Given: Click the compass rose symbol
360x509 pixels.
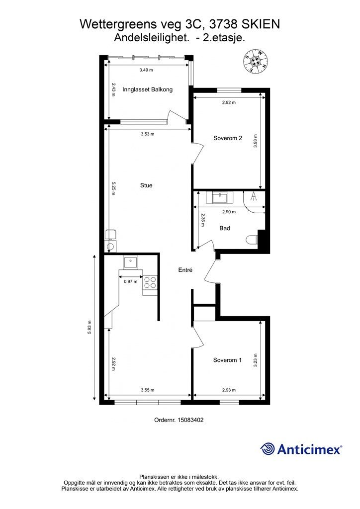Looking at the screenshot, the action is point(257,61).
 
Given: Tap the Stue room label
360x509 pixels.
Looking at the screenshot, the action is point(146,185).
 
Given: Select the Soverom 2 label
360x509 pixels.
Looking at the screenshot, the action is point(228,138).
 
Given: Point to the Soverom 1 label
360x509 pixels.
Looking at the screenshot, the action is point(227,360).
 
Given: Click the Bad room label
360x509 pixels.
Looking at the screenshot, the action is point(225,228).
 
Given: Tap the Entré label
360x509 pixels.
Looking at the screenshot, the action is point(185,270).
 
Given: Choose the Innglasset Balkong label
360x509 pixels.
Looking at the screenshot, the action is point(147,89).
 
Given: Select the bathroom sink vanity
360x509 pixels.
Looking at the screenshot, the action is point(222,197).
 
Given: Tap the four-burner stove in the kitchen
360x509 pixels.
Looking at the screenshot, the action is point(150,282).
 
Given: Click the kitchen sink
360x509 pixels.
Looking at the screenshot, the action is point(130,261).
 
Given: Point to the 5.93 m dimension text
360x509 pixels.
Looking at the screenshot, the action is point(90,328).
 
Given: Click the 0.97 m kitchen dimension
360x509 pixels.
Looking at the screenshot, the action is point(130,281).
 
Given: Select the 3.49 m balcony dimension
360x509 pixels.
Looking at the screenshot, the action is point(146,70).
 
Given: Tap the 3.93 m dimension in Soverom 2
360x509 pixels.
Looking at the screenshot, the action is point(256,141).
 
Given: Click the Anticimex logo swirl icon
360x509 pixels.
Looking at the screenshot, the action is point(268,449).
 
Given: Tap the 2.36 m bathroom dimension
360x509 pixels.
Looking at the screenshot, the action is point(203,220).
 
